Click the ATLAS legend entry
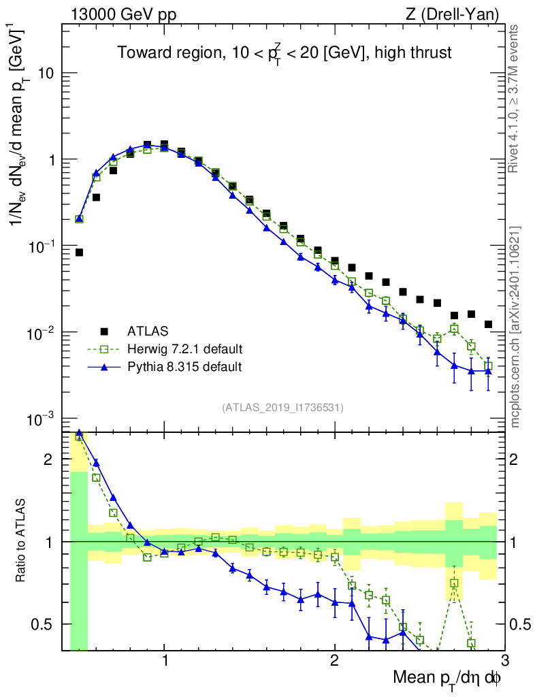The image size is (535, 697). (x=146, y=331)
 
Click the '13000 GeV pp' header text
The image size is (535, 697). (x=123, y=14)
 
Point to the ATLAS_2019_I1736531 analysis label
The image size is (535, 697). (x=282, y=408)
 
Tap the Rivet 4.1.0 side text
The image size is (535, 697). (x=515, y=98)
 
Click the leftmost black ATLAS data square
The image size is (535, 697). (x=79, y=253)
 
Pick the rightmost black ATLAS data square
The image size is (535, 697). (x=488, y=324)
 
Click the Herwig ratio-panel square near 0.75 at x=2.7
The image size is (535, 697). (x=454, y=583)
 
